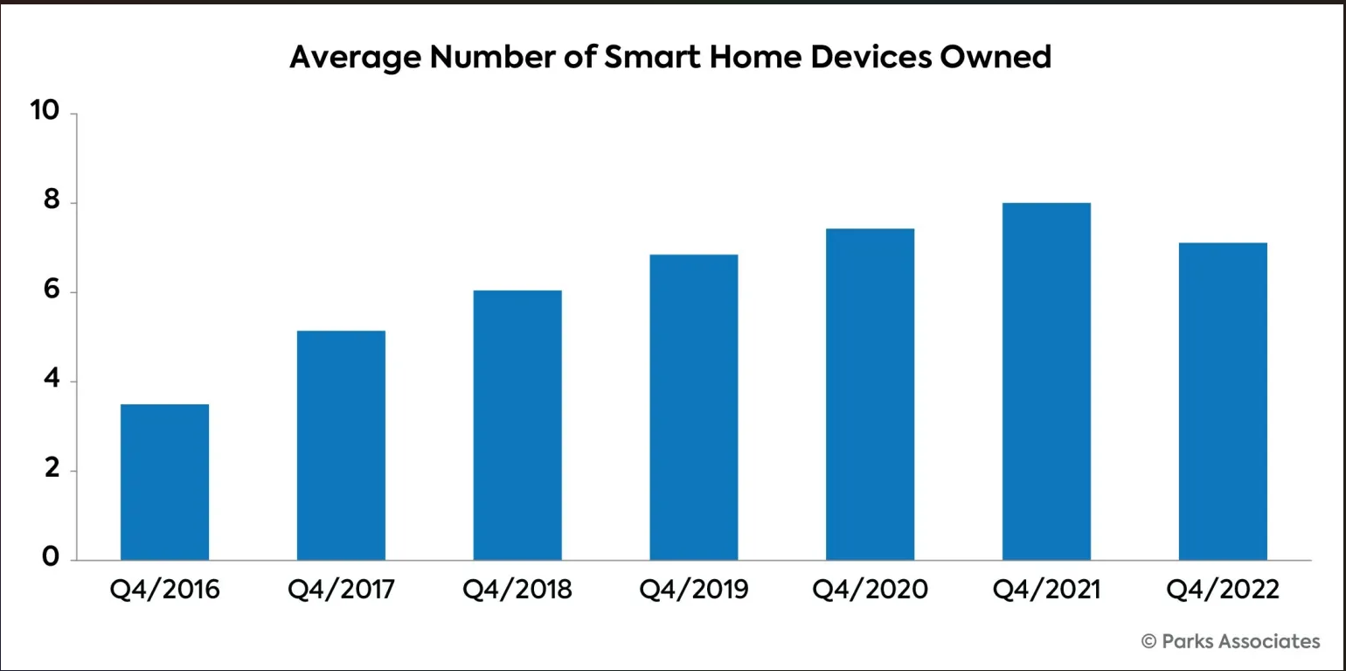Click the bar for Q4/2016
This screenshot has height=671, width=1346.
164,482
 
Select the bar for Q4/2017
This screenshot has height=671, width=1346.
341,445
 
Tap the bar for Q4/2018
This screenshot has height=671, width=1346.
517,425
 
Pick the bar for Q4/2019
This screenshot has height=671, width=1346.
694,408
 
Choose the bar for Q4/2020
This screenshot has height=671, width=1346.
870,395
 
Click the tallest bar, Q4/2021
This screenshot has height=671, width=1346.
1046,381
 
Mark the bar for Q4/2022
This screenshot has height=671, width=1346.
1223,402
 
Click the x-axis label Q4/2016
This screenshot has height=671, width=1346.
164,590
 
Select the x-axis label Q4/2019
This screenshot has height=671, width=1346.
694,590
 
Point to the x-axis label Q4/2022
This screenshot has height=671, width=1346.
1223,590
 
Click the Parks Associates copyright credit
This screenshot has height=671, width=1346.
1231,641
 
